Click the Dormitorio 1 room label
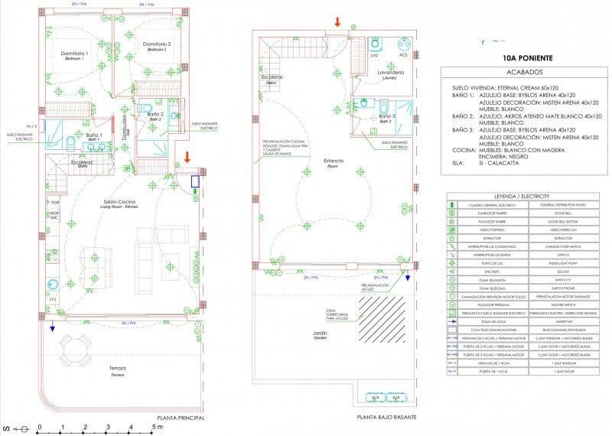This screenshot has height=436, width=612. pyautogui.click(x=75, y=54)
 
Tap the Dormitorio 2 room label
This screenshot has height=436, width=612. pyautogui.click(x=155, y=45)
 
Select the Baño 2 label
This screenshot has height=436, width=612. pyautogui.click(x=155, y=115)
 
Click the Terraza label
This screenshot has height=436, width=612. pyautogui.click(x=116, y=369)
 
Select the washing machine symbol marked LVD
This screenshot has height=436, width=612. pyautogui.click(x=375, y=44)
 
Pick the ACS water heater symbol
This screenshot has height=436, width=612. pyautogui.click(x=403, y=44)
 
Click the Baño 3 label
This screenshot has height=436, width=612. pyautogui.click(x=385, y=117)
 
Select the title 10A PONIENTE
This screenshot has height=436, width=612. pyautogui.click(x=526, y=57)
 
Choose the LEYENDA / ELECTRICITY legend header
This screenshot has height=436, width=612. pyautogui.click(x=528, y=197)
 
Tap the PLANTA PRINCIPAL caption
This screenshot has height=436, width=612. pyautogui.click(x=181, y=418)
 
